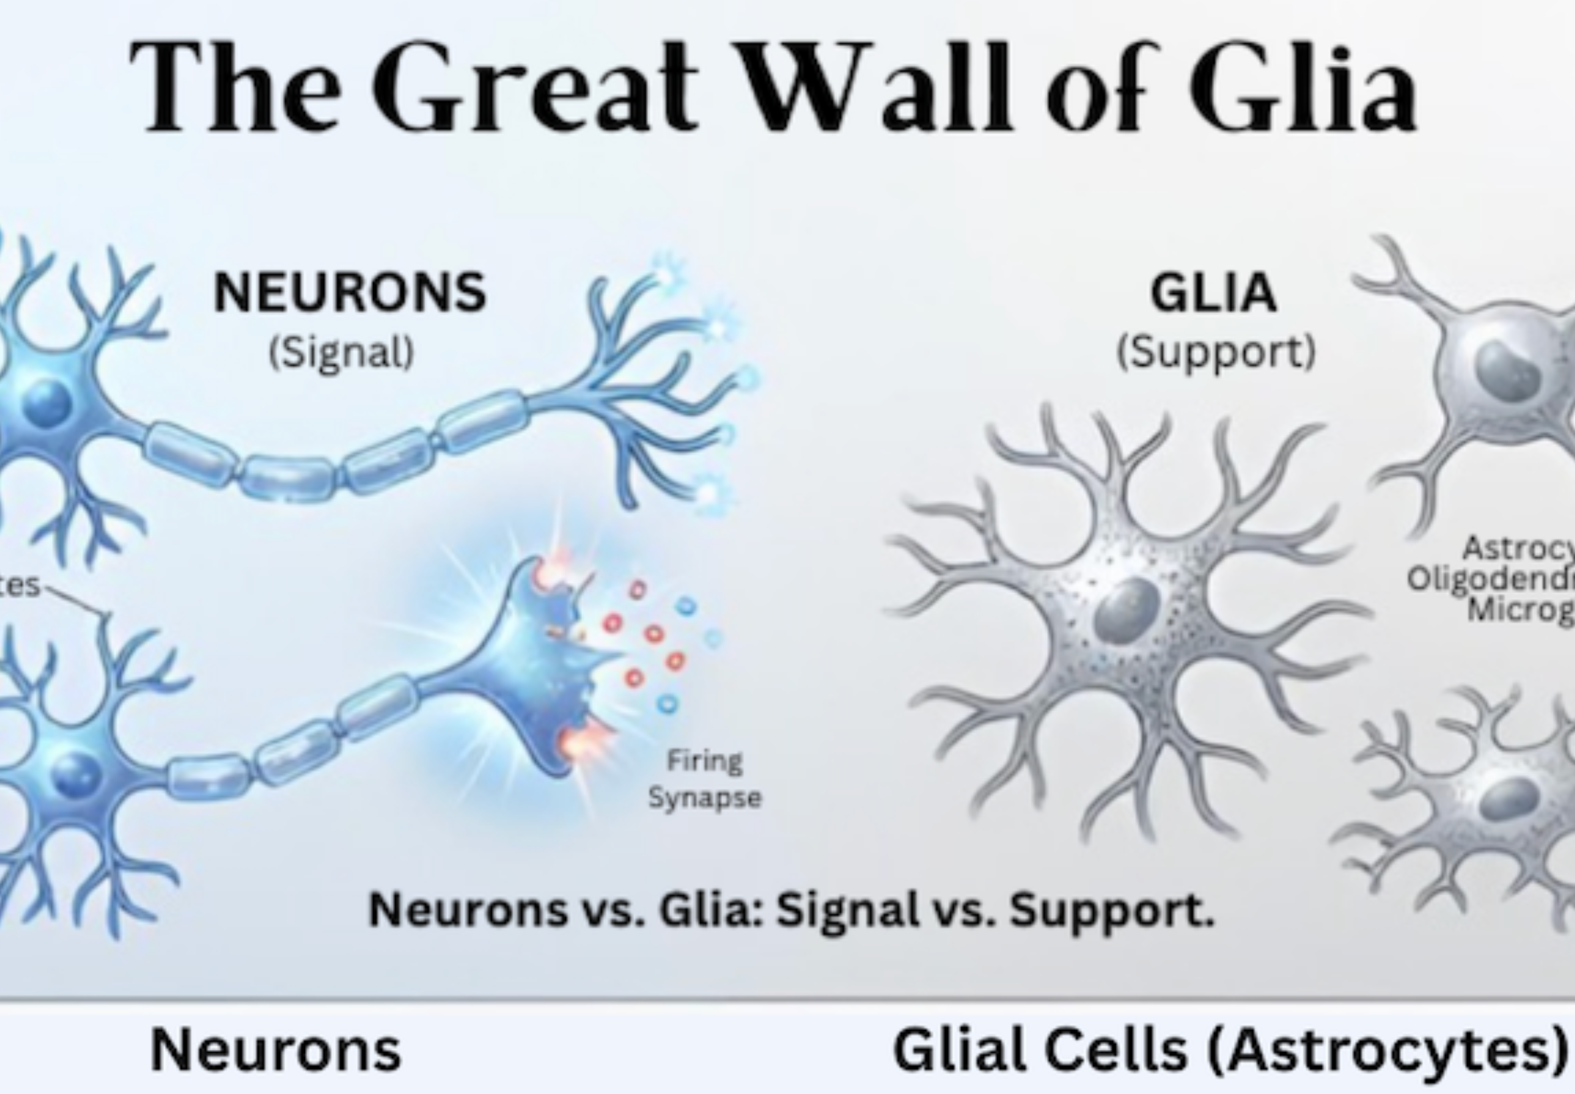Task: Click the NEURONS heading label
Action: pyautogui.click(x=350, y=293)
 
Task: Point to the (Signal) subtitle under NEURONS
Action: pyautogui.click(x=342, y=353)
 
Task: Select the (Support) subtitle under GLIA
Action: pyautogui.click(x=1217, y=353)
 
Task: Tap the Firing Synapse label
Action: pyautogui.click(x=705, y=779)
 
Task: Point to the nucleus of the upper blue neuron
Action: pyautogui.click(x=47, y=403)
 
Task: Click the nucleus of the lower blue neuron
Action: pyautogui.click(x=75, y=776)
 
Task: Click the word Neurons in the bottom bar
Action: pyautogui.click(x=276, y=1050)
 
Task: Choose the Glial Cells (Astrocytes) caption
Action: pyautogui.click(x=1231, y=1050)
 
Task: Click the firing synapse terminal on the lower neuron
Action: pyautogui.click(x=542, y=658)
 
